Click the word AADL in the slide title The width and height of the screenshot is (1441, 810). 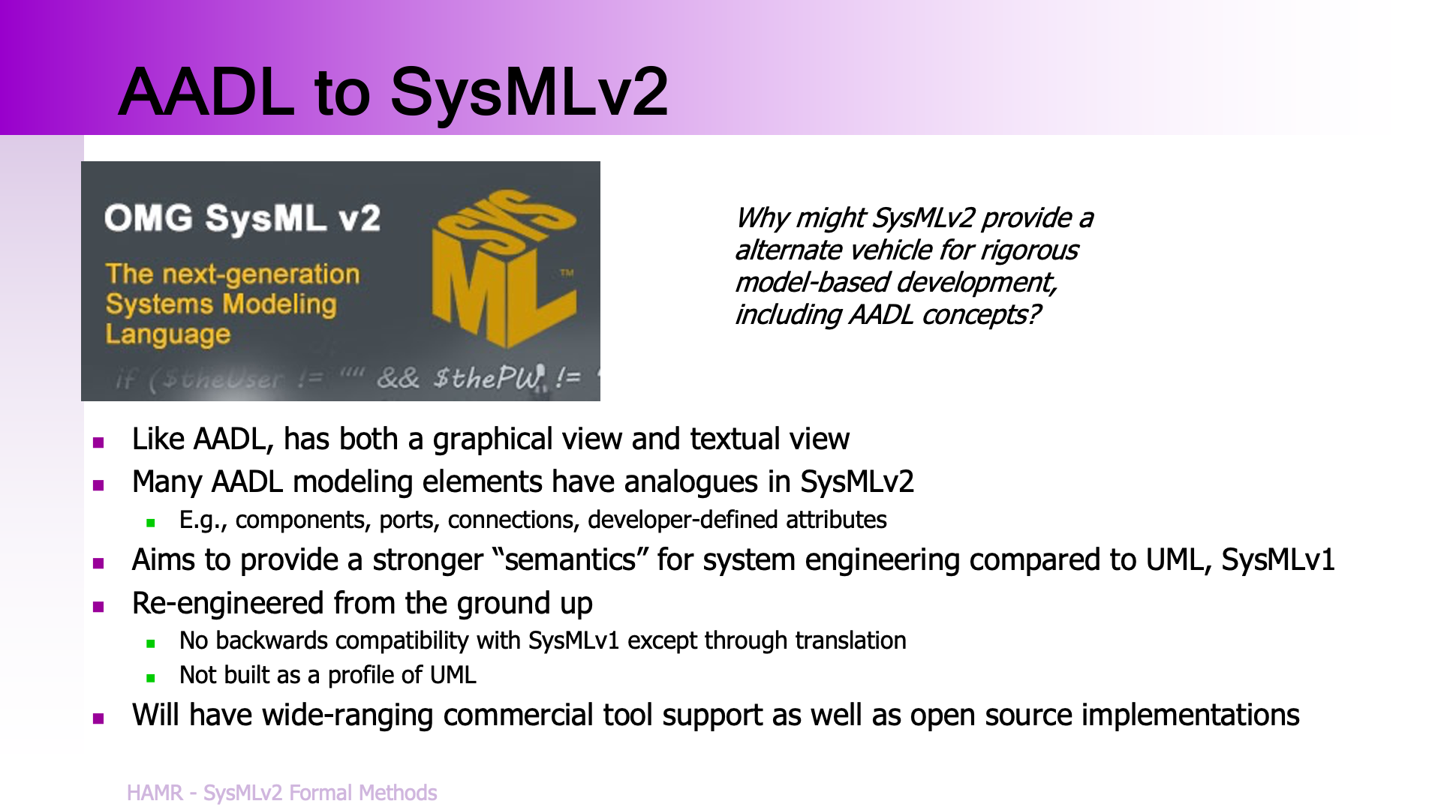pyautogui.click(x=207, y=91)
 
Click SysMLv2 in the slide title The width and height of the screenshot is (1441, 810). pyautogui.click(x=529, y=93)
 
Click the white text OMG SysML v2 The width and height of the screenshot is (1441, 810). pyautogui.click(x=242, y=218)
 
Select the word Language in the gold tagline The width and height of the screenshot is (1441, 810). pyautogui.click(x=167, y=334)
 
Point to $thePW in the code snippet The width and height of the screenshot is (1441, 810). pyautogui.click(x=488, y=377)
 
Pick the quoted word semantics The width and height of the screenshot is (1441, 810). pyautogui.click(x=570, y=560)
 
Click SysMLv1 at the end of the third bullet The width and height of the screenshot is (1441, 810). pyautogui.click(x=1278, y=560)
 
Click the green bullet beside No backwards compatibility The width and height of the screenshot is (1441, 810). pyautogui.click(x=151, y=643)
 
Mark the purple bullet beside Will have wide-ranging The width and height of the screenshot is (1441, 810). pyautogui.click(x=98, y=718)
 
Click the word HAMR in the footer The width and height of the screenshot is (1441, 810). pyautogui.click(x=155, y=793)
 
